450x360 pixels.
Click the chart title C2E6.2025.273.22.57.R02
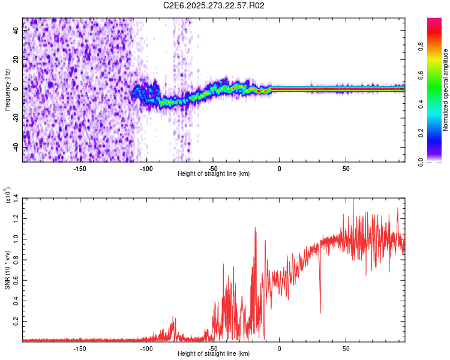click(214, 6)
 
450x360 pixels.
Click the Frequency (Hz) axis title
click(7, 89)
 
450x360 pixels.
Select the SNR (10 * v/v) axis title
click(7, 269)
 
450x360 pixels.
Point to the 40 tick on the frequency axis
click(16, 31)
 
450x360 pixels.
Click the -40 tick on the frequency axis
click(15, 147)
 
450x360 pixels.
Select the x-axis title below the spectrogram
click(214, 174)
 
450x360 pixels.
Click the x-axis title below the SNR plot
click(214, 354)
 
